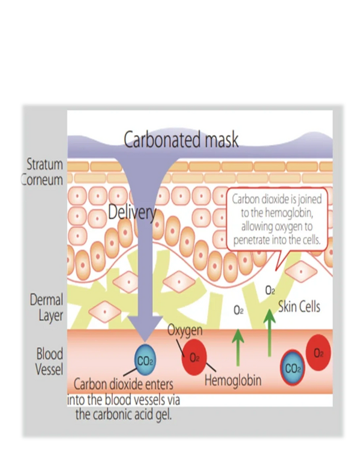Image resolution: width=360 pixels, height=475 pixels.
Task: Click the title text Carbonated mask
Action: pos(181,139)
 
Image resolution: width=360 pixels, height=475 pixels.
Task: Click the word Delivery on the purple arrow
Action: pos(133,211)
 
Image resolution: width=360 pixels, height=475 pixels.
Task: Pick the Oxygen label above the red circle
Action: pos(185,330)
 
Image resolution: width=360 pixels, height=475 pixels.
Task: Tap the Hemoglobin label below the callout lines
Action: pos(233,380)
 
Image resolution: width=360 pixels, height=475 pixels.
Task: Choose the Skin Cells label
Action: pos(299,307)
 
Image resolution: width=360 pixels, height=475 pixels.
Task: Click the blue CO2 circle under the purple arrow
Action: pos(145,362)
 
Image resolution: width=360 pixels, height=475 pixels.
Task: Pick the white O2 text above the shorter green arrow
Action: pos(238,310)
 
